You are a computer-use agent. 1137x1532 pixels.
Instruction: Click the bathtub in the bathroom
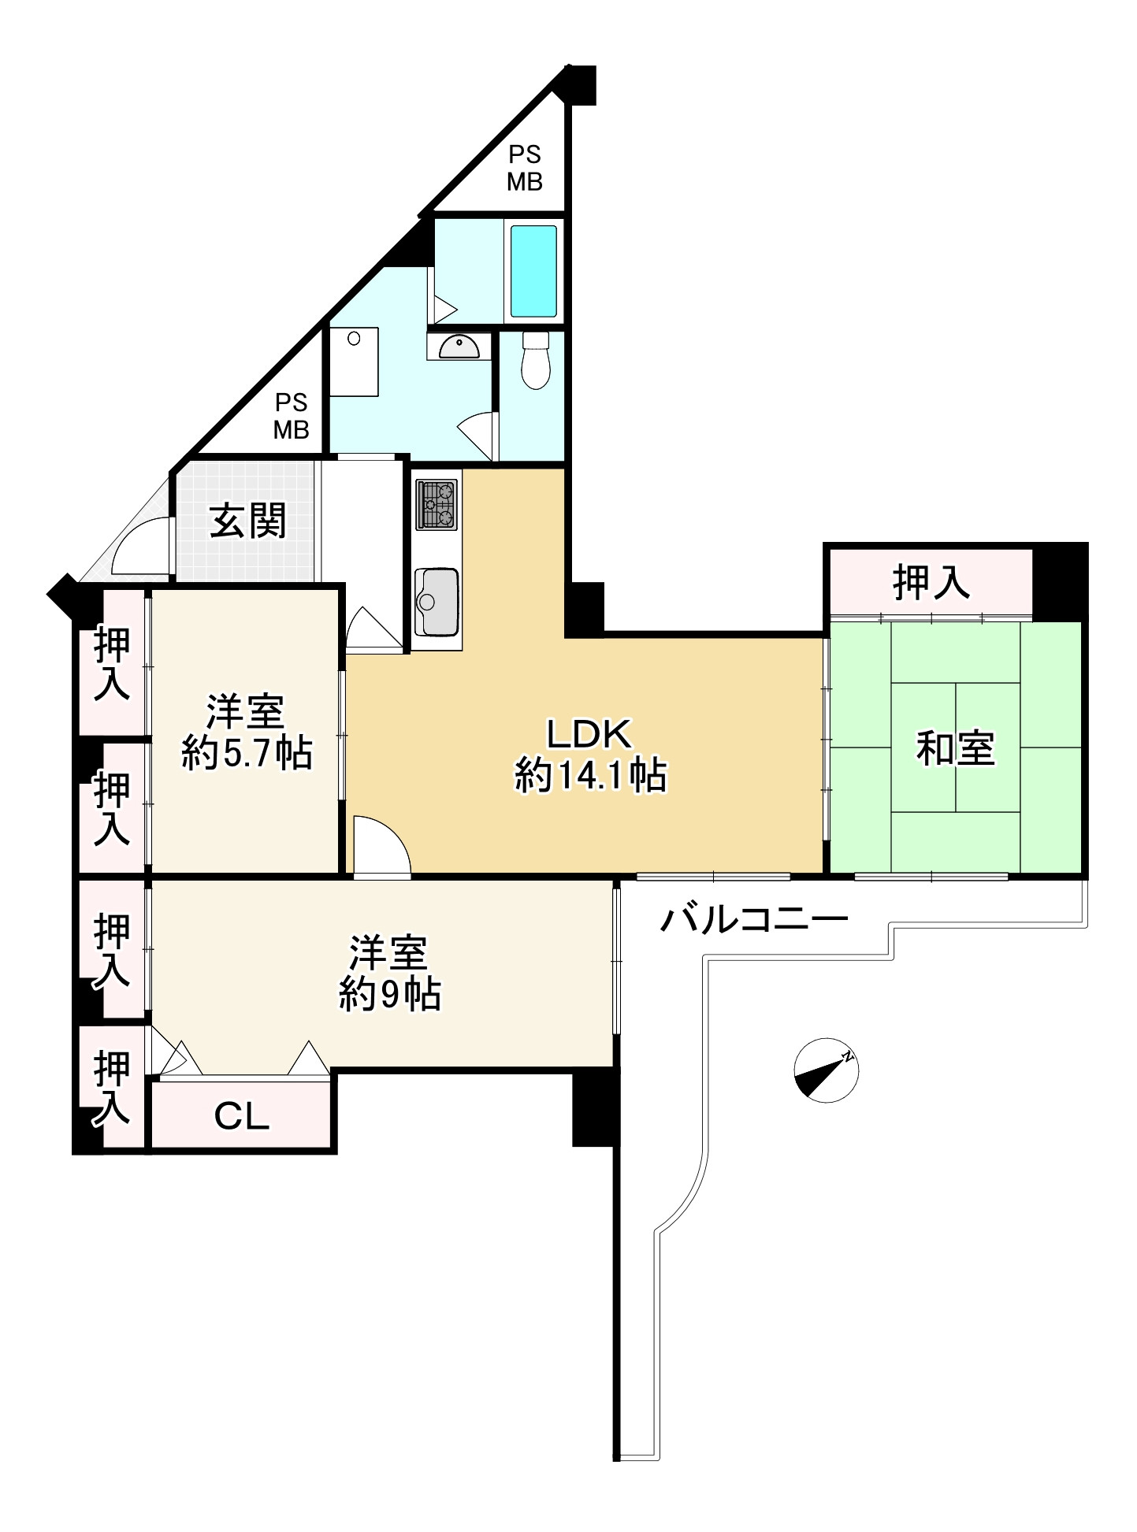533,271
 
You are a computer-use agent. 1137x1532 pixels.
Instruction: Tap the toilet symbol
536,361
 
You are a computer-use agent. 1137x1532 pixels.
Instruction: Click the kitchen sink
437,601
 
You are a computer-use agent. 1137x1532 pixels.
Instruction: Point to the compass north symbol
826,1070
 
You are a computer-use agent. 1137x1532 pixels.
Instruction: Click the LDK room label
589,734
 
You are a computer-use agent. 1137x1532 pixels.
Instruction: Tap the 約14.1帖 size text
591,775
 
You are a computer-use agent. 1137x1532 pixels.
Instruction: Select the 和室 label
955,747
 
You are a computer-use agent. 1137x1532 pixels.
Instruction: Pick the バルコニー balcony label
754,918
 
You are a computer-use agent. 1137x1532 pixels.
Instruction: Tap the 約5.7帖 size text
247,753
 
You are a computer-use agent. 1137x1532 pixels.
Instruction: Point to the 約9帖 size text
390,994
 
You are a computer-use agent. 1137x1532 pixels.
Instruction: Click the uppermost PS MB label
525,169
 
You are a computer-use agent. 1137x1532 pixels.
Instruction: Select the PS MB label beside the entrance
291,416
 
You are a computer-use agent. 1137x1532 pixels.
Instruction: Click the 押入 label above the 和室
931,582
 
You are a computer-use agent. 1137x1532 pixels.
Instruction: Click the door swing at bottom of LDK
382,846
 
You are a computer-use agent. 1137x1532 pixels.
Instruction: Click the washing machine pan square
354,362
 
